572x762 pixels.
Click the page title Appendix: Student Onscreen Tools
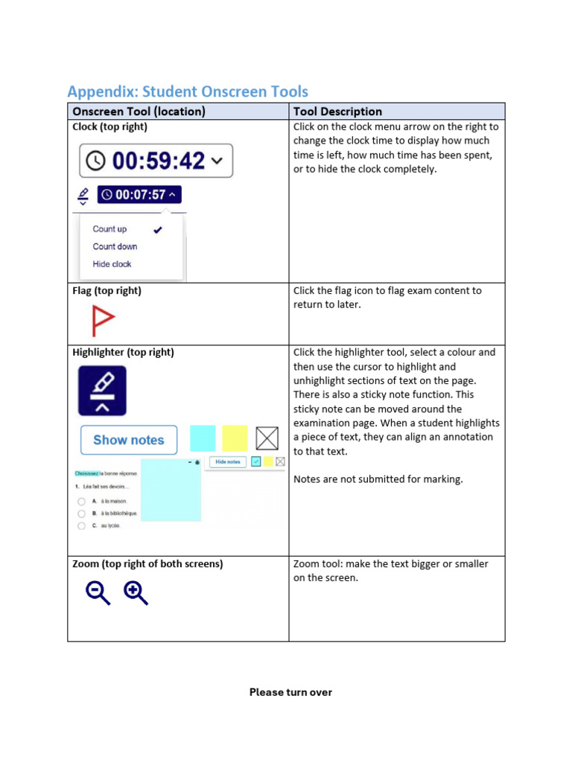point(188,92)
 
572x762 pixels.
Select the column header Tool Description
point(337,112)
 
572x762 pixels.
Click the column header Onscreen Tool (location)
point(139,112)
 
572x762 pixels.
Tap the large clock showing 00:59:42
point(156,161)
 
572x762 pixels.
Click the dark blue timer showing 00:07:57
point(139,195)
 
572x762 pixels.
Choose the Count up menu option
point(109,229)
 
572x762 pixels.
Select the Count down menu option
point(115,246)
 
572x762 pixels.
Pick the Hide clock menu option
point(112,264)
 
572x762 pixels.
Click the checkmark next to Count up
point(158,230)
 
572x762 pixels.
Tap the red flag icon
point(102,321)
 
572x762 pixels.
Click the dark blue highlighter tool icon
point(102,390)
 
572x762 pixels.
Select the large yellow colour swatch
point(235,438)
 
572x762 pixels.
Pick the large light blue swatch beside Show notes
point(203,438)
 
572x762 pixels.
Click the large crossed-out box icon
point(267,438)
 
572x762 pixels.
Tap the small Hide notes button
point(228,462)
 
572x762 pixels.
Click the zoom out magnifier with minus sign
point(98,593)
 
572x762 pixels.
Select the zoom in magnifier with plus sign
point(136,593)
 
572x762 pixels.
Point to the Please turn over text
point(290,692)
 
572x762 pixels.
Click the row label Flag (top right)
point(107,291)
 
